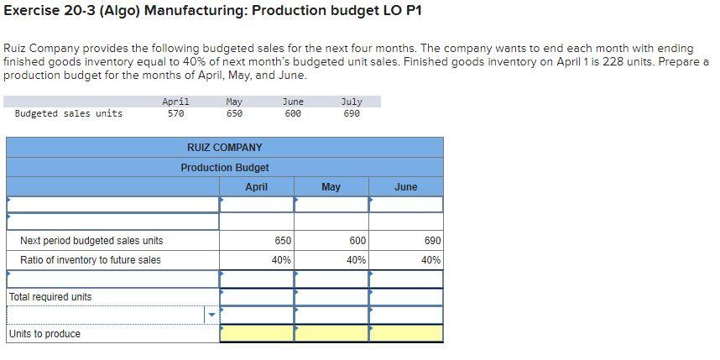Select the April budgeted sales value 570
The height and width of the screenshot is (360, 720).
point(175,113)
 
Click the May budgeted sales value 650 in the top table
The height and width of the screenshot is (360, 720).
point(234,113)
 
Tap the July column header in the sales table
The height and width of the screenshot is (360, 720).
point(352,102)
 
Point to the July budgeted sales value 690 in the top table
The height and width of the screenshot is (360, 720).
point(352,113)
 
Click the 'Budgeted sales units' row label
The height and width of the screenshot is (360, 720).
point(69,113)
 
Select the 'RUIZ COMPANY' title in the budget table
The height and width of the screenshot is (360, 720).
point(225,148)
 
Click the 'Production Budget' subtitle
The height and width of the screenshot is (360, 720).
point(225,168)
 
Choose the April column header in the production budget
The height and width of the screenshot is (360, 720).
point(256,187)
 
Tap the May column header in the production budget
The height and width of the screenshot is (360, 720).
point(331,187)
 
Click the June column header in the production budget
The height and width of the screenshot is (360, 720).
point(405,187)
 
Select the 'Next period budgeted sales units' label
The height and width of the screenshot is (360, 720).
point(91,241)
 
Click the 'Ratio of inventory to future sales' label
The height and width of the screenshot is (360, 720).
point(91,260)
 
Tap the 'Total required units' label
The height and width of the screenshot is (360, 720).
point(50,297)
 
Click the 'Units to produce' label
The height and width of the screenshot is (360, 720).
point(45,334)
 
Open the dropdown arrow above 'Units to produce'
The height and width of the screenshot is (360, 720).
point(211,316)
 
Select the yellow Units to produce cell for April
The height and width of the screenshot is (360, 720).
point(256,334)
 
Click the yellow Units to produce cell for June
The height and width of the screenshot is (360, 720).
point(405,334)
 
